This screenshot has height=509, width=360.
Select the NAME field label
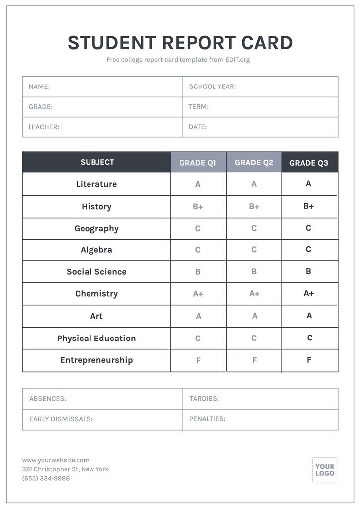(39, 86)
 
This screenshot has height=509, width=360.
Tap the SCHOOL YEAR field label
(212, 86)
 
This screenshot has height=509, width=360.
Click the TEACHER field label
(44, 127)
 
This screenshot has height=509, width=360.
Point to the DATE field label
(198, 127)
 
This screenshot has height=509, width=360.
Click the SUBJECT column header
(97, 162)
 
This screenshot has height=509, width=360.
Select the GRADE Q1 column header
(198, 163)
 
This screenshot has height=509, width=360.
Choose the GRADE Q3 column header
(309, 163)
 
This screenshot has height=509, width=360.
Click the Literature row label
(96, 184)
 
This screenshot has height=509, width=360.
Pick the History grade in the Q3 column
(309, 206)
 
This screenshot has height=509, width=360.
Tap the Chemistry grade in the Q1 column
(198, 294)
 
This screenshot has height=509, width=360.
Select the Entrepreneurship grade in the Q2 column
(254, 360)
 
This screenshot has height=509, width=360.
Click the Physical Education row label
(96, 339)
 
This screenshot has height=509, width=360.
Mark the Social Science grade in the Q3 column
(309, 271)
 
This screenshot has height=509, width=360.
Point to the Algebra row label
(96, 250)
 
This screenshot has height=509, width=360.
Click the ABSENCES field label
(48, 399)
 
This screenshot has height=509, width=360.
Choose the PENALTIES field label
(207, 419)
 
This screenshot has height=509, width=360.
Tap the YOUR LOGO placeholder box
(325, 470)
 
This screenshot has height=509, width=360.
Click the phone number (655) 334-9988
(46, 478)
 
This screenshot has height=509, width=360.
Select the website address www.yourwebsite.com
(56, 460)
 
